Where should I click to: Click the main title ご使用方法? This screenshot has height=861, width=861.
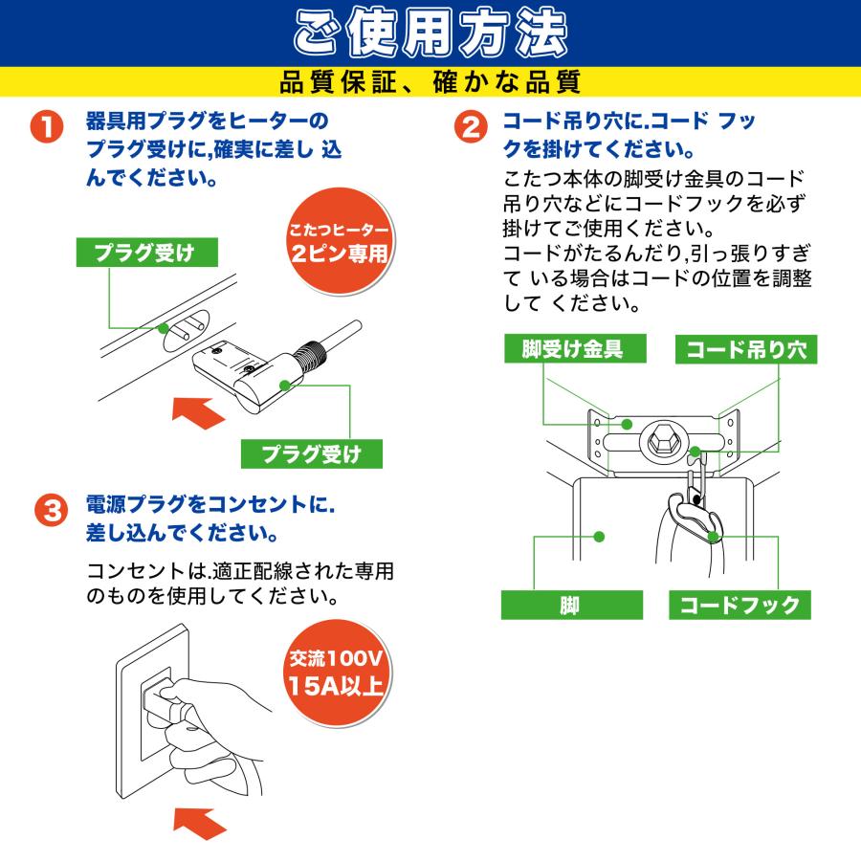pyautogui.click(x=430, y=34)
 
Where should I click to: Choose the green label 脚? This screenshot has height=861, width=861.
pyautogui.click(x=570, y=606)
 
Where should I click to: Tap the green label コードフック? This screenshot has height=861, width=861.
pyautogui.click(x=740, y=606)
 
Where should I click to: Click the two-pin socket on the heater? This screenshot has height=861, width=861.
pyautogui.click(x=186, y=331)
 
